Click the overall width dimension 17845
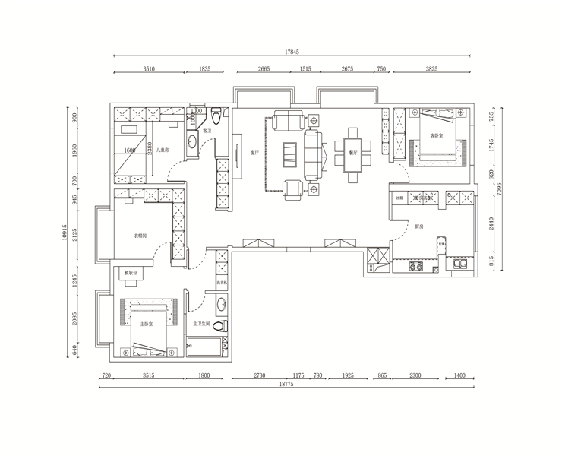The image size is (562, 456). tap(292, 52)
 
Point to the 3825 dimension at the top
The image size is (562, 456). tap(431, 69)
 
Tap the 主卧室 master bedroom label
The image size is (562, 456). tap(147, 324)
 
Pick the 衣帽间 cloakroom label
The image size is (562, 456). tap(141, 236)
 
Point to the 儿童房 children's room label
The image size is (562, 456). tap(163, 151)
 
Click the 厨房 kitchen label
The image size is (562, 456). tap(418, 227)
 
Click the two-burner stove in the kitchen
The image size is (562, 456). tap(416, 268)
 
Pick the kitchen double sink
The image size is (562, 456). tap(459, 266)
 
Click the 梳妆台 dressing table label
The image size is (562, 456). tap(125, 271)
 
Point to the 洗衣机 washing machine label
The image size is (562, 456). tap(222, 282)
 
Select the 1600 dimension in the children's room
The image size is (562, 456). tap(130, 151)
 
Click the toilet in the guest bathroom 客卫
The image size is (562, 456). tap(216, 117)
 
